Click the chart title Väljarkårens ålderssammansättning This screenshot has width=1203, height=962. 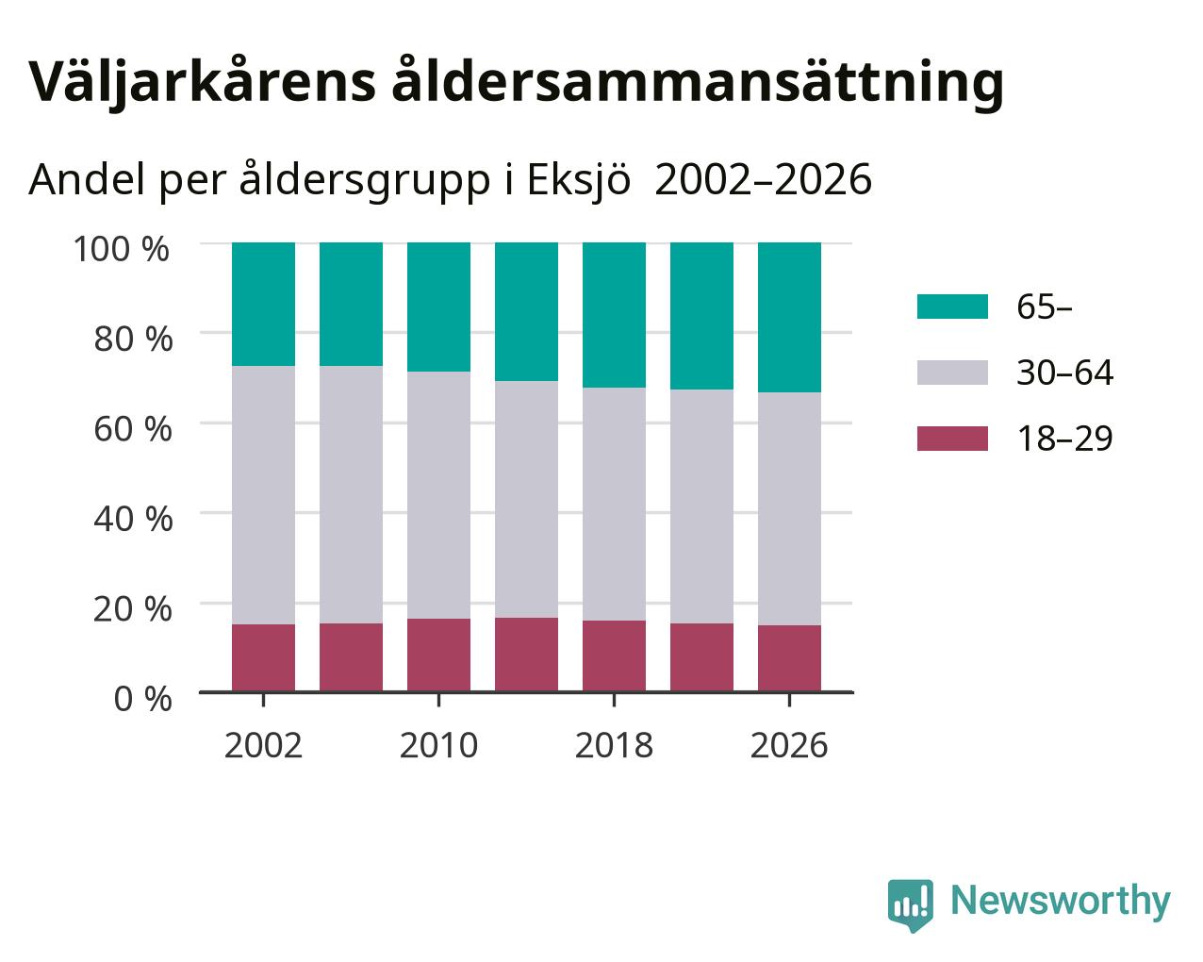click(516, 84)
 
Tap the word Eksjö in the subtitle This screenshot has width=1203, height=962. click(579, 179)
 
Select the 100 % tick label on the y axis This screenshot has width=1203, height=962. click(121, 249)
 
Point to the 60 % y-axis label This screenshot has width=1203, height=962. click(133, 429)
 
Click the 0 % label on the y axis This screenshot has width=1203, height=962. click(142, 699)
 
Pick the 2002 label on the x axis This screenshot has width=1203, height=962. click(263, 745)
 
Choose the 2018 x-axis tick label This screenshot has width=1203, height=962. click(614, 745)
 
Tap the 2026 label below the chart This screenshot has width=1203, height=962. click(789, 745)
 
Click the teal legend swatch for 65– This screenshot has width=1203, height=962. click(952, 307)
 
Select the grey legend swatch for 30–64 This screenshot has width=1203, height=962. click(952, 373)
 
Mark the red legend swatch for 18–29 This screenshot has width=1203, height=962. click(952, 438)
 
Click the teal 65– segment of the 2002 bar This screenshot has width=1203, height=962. click(263, 305)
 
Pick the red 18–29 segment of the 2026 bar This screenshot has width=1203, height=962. click(789, 658)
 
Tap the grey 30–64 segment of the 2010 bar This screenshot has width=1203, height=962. click(438, 495)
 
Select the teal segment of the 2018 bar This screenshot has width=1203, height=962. click(614, 315)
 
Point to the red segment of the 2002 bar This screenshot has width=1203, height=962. click(263, 657)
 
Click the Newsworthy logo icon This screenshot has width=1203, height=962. click(910, 905)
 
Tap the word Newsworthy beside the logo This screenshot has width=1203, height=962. click(1061, 902)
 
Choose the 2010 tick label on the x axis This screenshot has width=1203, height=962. click(438, 745)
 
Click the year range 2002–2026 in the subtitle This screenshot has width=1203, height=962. click(763, 179)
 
